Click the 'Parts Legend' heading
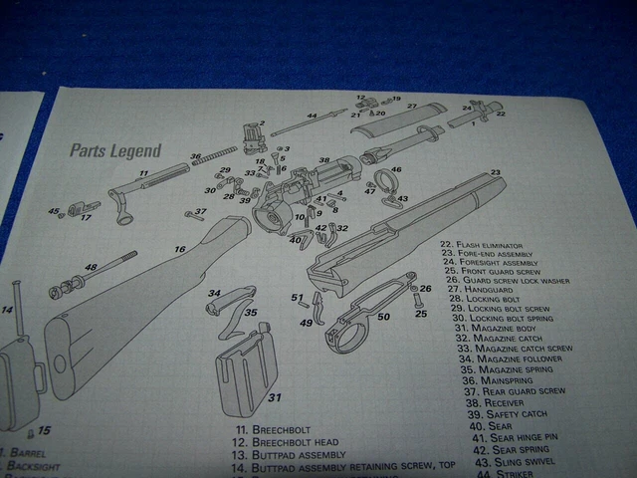[114, 151]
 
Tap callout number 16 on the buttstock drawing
[180, 249]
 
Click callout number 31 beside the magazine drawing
[274, 397]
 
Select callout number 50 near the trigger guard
[383, 317]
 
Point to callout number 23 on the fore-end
[495, 173]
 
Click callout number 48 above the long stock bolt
[90, 267]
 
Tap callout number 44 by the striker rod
[312, 117]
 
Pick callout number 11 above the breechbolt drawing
[143, 173]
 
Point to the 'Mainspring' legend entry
[495, 380]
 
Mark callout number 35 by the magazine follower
[251, 313]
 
